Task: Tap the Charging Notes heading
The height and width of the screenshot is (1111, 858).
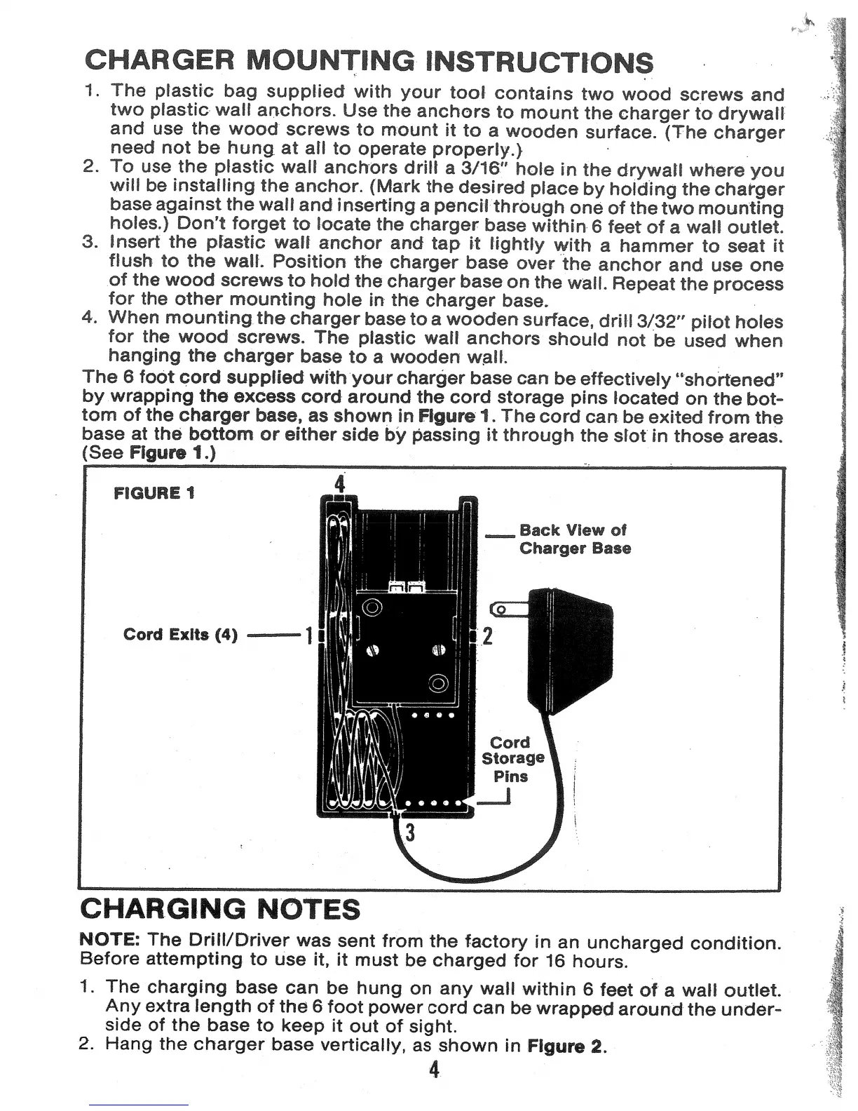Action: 221,909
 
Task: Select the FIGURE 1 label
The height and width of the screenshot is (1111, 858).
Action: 154,493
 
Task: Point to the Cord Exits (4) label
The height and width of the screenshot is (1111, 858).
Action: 180,635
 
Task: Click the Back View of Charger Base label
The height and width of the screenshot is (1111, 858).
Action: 575,539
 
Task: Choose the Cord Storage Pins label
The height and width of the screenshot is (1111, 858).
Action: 512,759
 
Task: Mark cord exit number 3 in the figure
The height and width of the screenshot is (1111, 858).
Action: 411,833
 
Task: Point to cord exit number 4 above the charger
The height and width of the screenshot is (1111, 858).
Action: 340,484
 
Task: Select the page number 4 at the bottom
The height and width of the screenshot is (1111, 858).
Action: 435,1070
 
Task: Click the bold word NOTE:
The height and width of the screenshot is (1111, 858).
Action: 111,939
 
